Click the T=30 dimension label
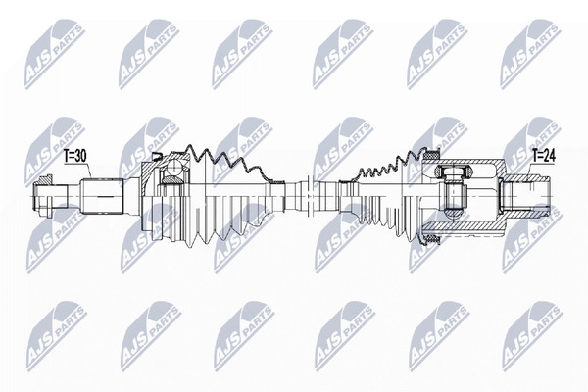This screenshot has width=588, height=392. [75, 156]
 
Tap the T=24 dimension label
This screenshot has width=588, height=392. [544, 155]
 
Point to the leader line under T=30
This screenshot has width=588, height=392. [89, 171]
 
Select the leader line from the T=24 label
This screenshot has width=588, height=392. [530, 170]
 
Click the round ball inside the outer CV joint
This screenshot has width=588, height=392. [173, 167]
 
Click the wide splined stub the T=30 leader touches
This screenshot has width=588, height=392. [102, 196]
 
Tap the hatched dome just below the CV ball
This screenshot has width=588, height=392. [172, 180]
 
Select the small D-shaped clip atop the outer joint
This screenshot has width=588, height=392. [157, 156]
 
